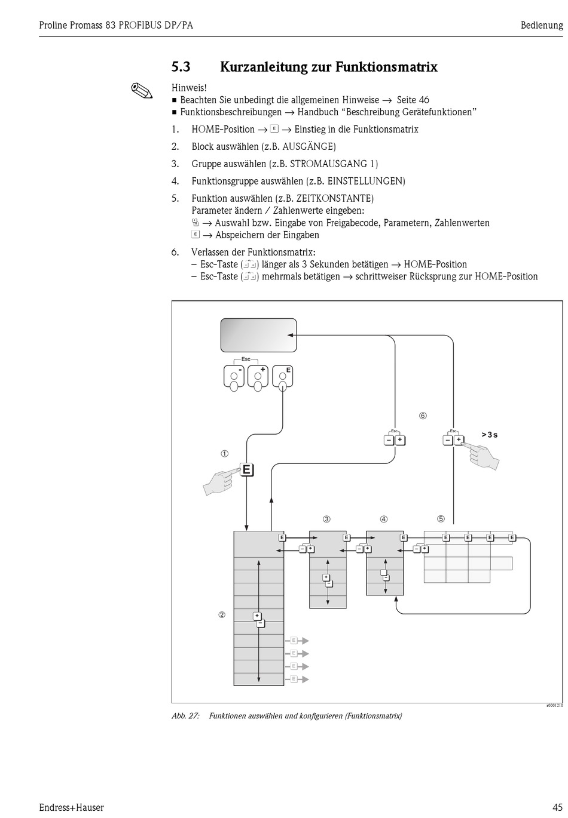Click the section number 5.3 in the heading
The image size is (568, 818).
[x=181, y=67]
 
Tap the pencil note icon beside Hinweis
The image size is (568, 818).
[x=142, y=91]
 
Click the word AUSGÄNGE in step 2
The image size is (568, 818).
[x=309, y=147]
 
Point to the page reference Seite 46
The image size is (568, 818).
[x=413, y=100]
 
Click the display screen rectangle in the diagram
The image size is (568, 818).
[x=258, y=336]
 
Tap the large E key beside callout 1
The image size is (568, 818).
[x=246, y=470]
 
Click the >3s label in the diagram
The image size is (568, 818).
[x=489, y=435]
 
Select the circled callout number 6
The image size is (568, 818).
[x=423, y=416]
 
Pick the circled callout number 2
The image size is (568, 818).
[x=222, y=615]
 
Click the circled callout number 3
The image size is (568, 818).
[x=326, y=519]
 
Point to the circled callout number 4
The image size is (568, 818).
[x=383, y=519]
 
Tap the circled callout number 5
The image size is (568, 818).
[x=441, y=519]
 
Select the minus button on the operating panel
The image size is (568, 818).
[x=234, y=376]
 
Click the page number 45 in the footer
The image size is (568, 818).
[x=557, y=808]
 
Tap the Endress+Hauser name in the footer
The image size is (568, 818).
[x=71, y=808]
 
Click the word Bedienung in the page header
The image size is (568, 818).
[x=542, y=25]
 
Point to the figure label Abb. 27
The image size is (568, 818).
[x=185, y=716]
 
